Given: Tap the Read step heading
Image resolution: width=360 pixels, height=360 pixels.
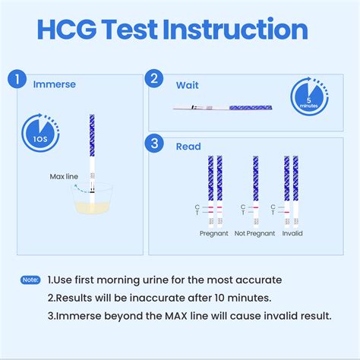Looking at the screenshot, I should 188,147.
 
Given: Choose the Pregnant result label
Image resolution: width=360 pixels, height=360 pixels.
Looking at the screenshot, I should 213,233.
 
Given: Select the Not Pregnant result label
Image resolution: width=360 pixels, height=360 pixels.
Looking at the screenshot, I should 254,233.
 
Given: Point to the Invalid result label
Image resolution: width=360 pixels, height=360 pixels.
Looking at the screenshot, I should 292,233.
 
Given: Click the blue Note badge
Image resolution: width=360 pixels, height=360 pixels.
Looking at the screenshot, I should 30,280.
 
